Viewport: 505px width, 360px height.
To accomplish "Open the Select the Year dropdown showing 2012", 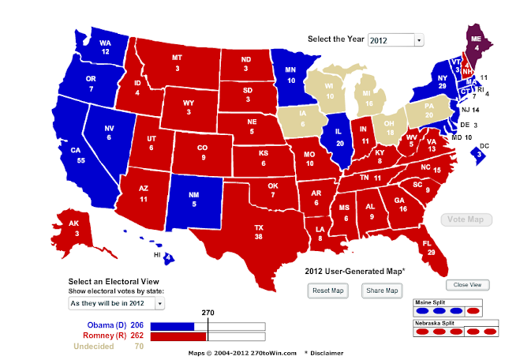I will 395,39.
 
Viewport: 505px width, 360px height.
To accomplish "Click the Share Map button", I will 380,291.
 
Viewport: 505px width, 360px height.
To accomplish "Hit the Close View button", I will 469,285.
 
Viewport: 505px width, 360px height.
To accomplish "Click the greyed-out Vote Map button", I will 465,219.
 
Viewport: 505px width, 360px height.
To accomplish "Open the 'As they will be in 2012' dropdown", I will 116,302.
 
